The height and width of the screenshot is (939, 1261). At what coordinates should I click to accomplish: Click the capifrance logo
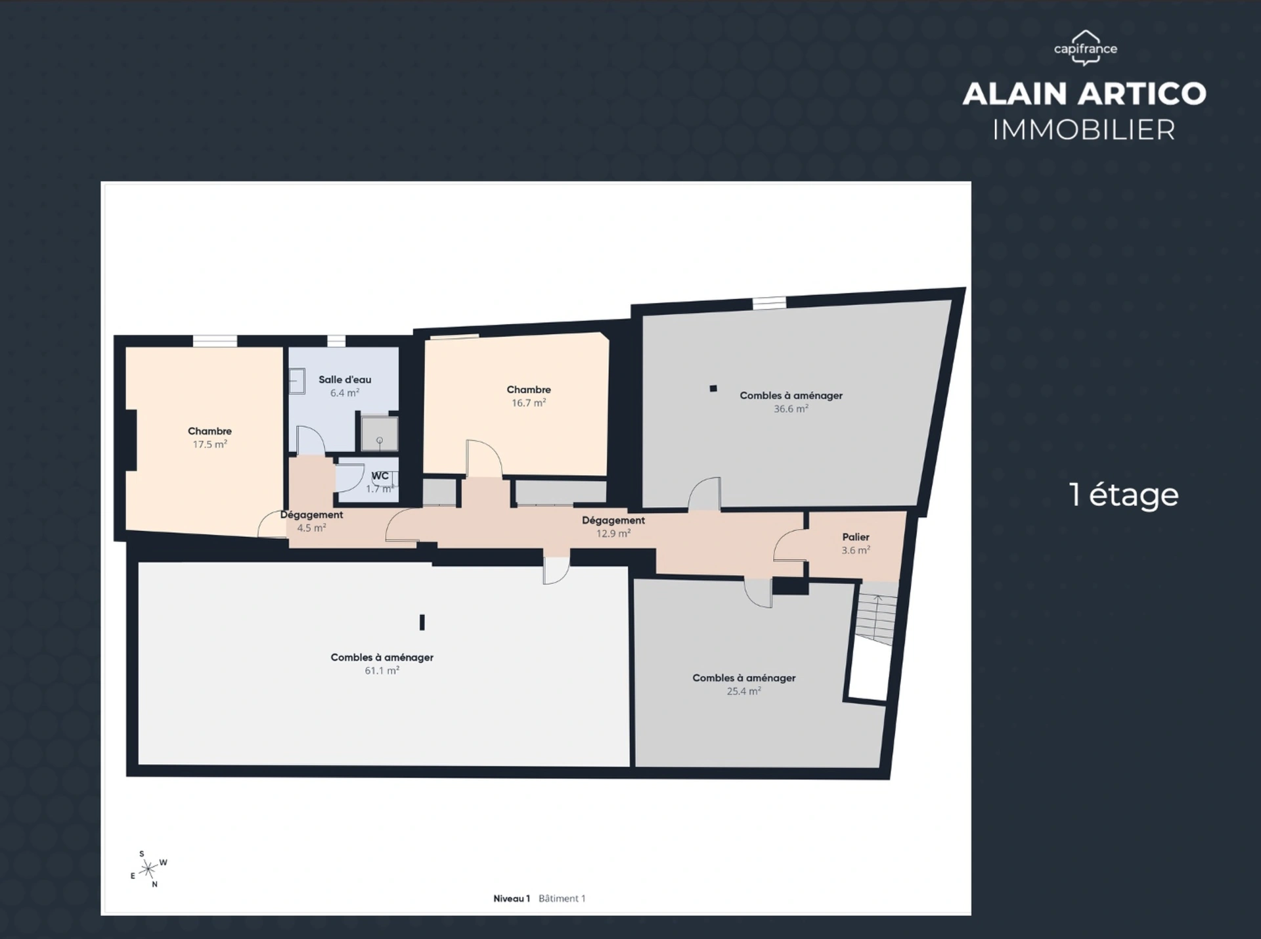tap(1086, 48)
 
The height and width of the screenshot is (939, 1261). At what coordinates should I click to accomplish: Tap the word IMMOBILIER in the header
tap(1084, 129)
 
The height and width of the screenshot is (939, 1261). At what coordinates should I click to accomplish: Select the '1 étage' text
tap(1124, 495)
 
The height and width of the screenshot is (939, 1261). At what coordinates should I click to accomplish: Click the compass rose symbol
tap(149, 869)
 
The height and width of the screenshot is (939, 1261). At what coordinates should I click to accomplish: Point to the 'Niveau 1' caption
tap(512, 898)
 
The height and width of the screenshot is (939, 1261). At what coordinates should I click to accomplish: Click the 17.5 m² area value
tap(210, 444)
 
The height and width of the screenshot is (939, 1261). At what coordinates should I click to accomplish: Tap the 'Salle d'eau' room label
tap(345, 379)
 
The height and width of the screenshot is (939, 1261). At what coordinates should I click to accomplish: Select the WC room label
tap(380, 476)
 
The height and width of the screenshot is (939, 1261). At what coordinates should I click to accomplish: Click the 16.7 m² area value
tap(529, 403)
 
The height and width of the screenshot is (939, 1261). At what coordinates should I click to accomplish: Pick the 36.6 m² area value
tap(791, 409)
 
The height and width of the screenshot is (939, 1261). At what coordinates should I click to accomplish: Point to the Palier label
tap(856, 537)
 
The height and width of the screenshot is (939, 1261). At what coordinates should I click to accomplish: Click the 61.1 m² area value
tap(382, 671)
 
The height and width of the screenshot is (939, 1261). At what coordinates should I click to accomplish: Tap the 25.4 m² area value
tap(743, 691)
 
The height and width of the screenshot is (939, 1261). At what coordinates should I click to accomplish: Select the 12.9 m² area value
tap(613, 534)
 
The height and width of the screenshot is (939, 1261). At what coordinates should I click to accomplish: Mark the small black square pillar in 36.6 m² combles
tap(713, 388)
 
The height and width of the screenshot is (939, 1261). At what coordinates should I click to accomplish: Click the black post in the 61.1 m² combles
tap(422, 622)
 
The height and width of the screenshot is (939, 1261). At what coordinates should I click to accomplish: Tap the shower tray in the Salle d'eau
tap(379, 433)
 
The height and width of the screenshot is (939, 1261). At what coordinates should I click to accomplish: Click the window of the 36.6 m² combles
tap(769, 303)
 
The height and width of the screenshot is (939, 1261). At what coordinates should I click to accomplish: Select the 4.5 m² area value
tap(311, 528)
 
